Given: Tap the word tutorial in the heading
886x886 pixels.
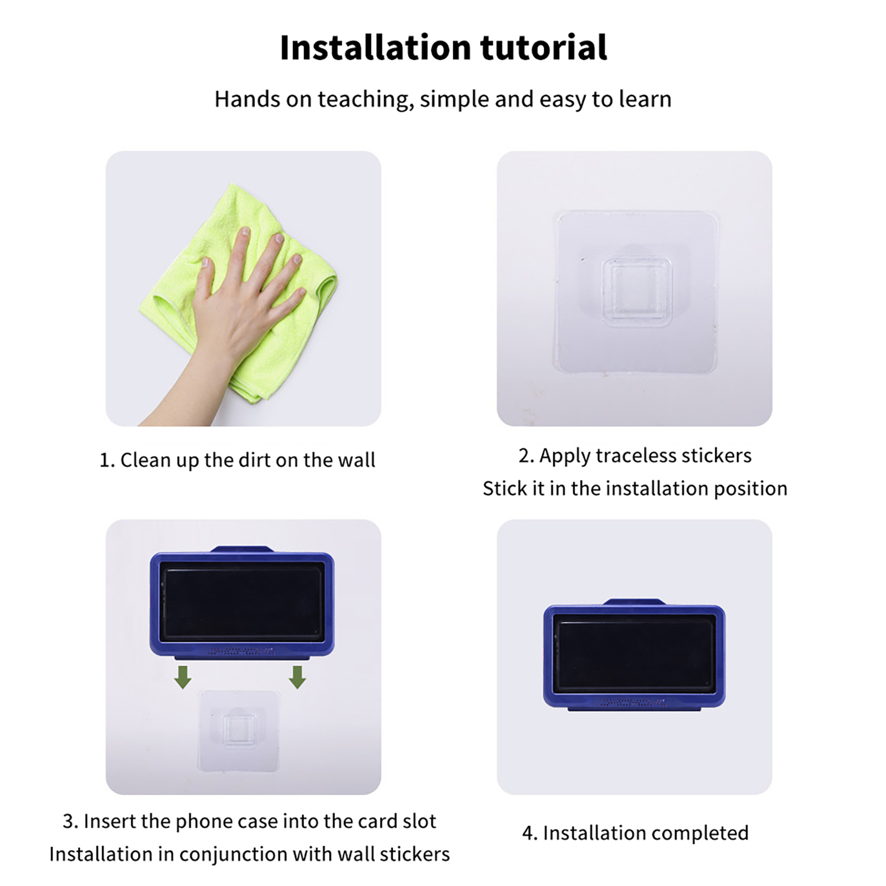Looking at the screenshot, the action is coord(544,47).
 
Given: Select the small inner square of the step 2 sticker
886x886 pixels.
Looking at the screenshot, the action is coord(637,292).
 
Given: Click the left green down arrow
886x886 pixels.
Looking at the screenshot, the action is coord(183,677).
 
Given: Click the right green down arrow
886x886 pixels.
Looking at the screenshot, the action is coord(297,677).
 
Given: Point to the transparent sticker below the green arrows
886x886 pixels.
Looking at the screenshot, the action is coord(239,731).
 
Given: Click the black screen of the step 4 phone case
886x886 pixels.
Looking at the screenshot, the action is coord(634,655).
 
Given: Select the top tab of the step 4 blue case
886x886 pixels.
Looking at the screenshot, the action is coord(634,602).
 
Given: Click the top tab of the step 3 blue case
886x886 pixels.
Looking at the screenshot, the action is coord(242,549).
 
